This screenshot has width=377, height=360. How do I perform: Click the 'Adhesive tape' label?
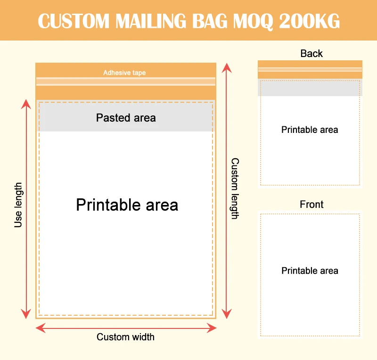[x=124, y=73]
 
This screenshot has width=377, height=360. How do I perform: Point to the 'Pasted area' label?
[x=126, y=118]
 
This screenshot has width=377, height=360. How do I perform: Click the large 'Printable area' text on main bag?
[x=127, y=205]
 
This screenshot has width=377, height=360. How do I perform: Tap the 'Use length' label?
[x=18, y=205]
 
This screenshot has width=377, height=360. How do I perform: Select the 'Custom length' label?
[x=234, y=188]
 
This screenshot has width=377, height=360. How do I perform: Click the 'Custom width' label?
[x=125, y=337]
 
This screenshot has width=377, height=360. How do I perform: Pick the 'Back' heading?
[x=311, y=54]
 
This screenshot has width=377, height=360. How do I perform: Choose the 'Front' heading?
[x=311, y=205]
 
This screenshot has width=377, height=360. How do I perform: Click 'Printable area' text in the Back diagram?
[x=310, y=130]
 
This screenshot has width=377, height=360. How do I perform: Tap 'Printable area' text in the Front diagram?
[x=310, y=270]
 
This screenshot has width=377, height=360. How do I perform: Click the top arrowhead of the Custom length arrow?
[x=227, y=67]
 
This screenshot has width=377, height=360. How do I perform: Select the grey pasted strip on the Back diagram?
[x=310, y=88]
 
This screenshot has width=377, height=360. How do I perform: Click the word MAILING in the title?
[x=161, y=21]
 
